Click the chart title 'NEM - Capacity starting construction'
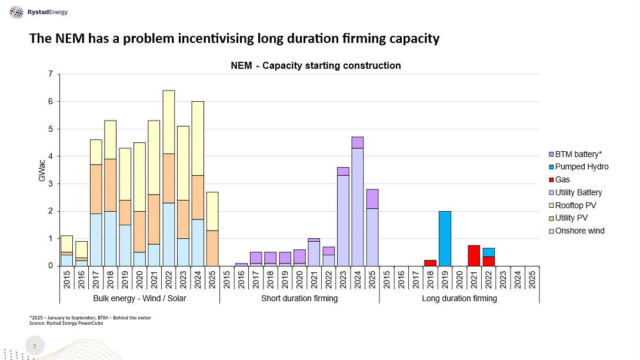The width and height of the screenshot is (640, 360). tap(315, 65)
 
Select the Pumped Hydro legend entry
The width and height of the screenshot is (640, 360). tap(581, 166)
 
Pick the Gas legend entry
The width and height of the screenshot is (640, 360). tap(562, 179)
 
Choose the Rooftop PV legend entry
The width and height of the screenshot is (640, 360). tap(575, 205)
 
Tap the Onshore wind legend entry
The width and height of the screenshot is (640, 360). tap(579, 231)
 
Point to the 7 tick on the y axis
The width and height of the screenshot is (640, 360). tap(51, 74)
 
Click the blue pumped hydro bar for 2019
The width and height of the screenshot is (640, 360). tap(445, 238)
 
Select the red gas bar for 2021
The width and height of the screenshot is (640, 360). tap(474, 255)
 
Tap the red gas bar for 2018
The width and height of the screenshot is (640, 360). tap(431, 263)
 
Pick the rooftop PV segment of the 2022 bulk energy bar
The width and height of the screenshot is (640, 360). tap(168, 122)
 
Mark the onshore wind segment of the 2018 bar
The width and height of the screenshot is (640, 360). tap(111, 238)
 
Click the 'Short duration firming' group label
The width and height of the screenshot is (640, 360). tap(299, 298)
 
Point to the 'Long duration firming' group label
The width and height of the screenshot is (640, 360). tap(459, 298)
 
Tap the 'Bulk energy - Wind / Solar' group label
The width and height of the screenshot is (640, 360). tap(139, 298)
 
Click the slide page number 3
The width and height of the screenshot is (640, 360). tap(34, 346)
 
